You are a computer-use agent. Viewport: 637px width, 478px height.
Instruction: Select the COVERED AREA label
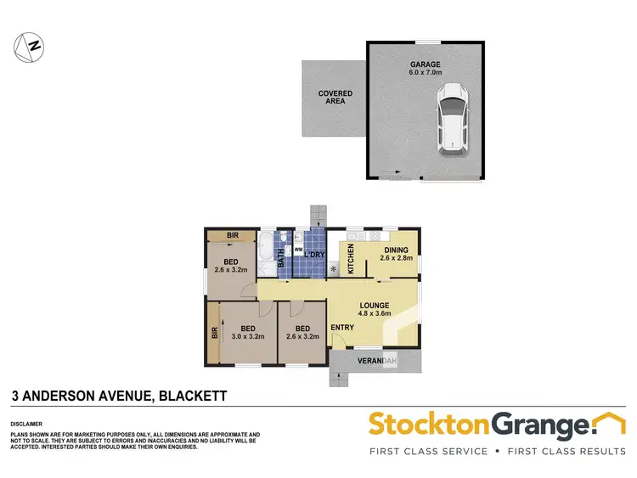pyautogui.click(x=335, y=98)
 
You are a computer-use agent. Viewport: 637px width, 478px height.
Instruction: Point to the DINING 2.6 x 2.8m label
pyautogui.click(x=395, y=254)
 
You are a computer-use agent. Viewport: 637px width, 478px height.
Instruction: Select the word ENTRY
pyautogui.click(x=343, y=328)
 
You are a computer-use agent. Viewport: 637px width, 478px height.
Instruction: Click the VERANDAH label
pyautogui.click(x=378, y=363)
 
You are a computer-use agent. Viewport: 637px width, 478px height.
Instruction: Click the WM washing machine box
pyautogui.click(x=298, y=250)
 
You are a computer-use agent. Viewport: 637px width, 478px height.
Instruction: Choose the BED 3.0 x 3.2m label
pyautogui.click(x=248, y=331)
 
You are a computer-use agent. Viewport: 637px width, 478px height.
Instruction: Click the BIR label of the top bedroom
pyautogui.click(x=232, y=236)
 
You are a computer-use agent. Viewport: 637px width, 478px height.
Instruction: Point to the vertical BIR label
pyautogui.click(x=212, y=334)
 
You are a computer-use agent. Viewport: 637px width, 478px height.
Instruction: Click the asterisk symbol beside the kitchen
pyautogui.click(x=332, y=270)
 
